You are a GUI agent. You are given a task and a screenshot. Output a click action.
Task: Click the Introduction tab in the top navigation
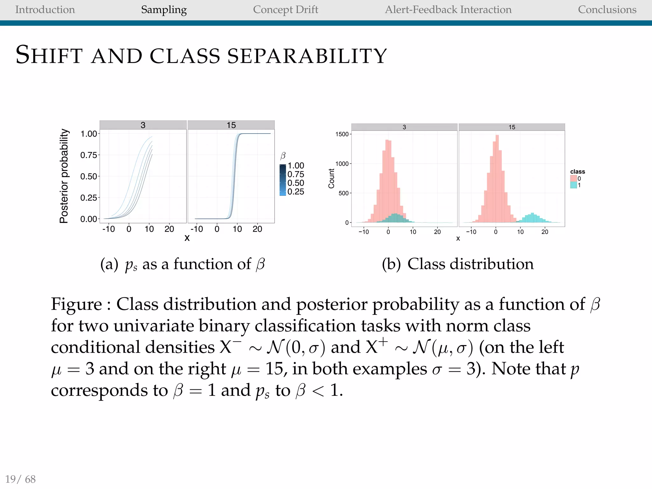[x=45, y=10]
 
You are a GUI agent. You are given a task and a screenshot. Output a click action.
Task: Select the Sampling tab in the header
[x=164, y=10]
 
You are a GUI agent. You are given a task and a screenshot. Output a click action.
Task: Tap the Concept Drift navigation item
[x=285, y=10]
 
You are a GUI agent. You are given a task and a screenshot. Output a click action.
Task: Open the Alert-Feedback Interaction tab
[x=448, y=10]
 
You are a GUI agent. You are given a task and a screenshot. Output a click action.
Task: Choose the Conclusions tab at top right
[x=607, y=10]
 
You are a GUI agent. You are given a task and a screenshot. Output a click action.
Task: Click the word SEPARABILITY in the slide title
[x=307, y=56]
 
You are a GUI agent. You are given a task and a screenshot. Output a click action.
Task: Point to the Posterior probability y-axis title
[x=64, y=176]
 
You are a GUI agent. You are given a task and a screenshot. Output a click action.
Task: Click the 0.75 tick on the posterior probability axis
[x=89, y=155]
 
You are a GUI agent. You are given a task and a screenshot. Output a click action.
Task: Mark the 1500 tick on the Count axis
[x=342, y=134]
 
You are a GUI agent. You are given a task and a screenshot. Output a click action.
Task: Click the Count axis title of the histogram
[x=331, y=179]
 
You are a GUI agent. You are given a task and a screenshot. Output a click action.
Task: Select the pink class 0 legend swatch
[x=573, y=179]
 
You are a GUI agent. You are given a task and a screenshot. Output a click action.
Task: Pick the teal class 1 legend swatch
[x=573, y=185]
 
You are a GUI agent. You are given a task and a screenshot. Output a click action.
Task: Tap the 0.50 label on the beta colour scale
[x=296, y=183]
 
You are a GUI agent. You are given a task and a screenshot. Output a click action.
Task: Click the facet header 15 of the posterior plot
[x=231, y=125]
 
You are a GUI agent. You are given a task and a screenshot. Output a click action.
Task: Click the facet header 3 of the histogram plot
[x=404, y=127]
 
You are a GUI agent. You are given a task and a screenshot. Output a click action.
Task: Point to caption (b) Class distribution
[x=457, y=264]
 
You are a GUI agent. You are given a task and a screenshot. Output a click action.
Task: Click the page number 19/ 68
[x=20, y=479]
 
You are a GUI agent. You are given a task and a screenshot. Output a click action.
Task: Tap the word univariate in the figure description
[x=154, y=326]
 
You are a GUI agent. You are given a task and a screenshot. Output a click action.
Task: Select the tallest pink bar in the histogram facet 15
[x=497, y=178]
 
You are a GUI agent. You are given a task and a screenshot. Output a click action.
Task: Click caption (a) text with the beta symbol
[x=182, y=264]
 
